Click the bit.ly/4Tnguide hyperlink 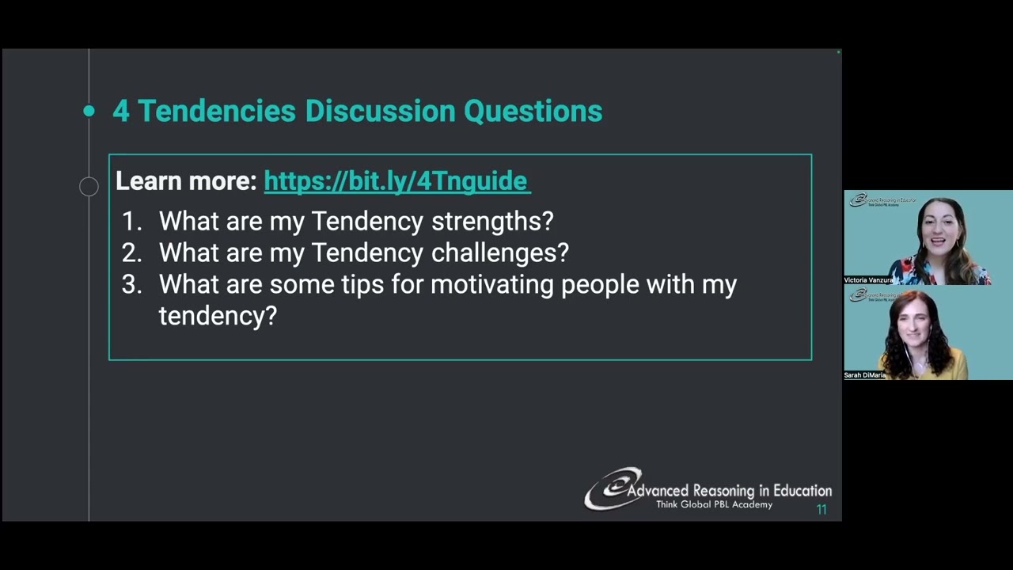tap(396, 181)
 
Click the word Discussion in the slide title tap(380, 112)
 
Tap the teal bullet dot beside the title tap(89, 112)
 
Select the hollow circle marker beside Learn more tap(89, 187)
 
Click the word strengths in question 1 tap(492, 222)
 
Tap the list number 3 tap(131, 285)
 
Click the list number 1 tap(131, 222)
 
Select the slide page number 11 tap(821, 510)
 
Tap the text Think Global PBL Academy tap(714, 505)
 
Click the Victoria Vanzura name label tap(868, 280)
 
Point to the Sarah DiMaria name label tap(864, 375)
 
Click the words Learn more tap(186, 181)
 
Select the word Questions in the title tap(533, 112)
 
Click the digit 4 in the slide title tap(120, 112)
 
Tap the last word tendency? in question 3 tap(218, 317)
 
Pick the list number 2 tap(131, 253)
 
